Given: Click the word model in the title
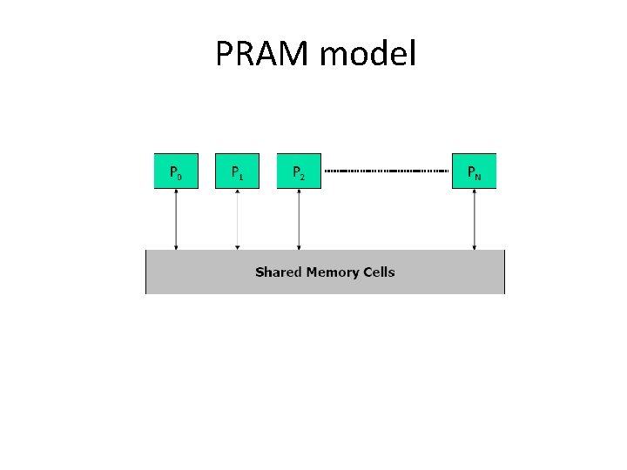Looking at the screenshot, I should click(368, 55).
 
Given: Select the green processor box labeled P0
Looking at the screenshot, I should click(176, 171).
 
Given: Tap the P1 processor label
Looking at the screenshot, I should click(237, 172).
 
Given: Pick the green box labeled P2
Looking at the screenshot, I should click(299, 171).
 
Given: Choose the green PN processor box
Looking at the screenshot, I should click(474, 171).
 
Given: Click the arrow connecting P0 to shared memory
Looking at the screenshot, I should click(176, 218).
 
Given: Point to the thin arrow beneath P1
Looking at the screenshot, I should click(237, 218).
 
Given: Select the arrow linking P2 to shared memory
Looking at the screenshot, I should click(299, 218).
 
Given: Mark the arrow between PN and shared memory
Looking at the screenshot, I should click(474, 218).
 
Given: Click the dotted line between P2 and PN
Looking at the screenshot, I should click(387, 171).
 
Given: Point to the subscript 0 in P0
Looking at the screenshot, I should click(180, 176).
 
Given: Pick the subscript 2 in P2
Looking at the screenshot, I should click(303, 176).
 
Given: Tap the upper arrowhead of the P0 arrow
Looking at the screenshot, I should click(176, 191).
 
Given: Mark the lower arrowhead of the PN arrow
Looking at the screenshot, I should click(474, 246).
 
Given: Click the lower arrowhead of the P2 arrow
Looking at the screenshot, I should click(299, 246).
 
